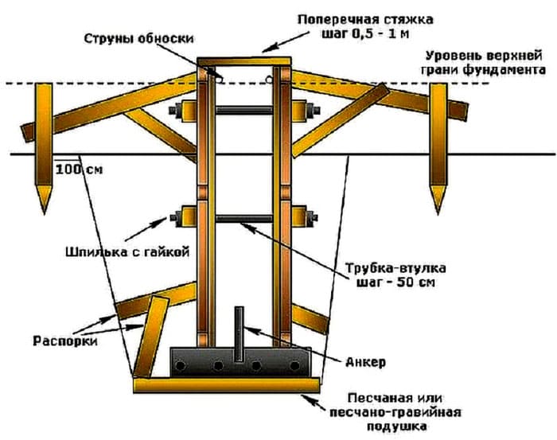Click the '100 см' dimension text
point(80,169)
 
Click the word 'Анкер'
point(365,362)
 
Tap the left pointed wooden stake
point(42,147)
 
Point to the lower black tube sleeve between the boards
point(243,215)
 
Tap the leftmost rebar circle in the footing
point(182,364)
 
